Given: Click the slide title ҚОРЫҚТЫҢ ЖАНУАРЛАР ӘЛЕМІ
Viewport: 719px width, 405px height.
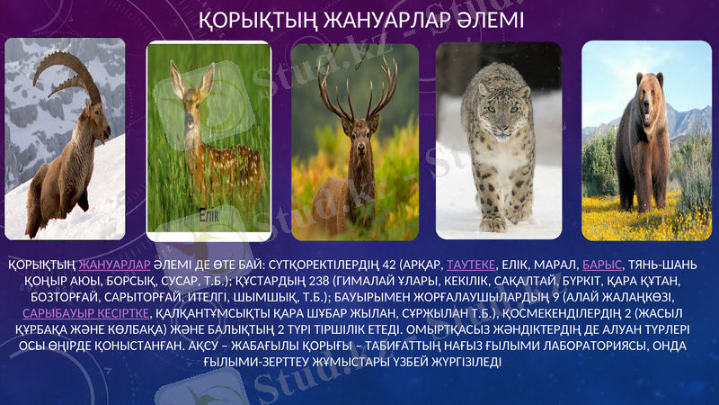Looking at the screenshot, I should pyautogui.click(x=360, y=19).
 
